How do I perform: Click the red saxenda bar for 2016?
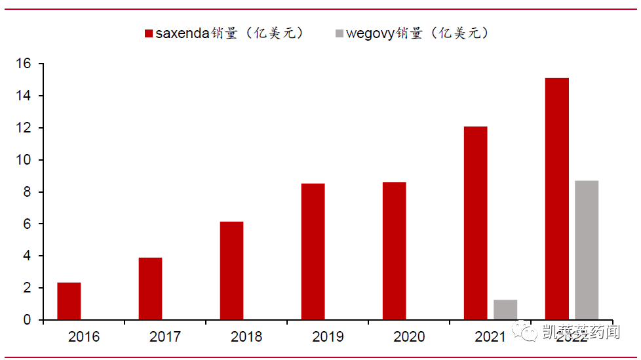[x=69, y=301]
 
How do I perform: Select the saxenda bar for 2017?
[x=150, y=289]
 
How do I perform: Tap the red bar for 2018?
[x=231, y=271]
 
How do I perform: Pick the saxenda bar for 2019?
[x=313, y=252]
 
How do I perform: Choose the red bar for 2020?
[x=394, y=251]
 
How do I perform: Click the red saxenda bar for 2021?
[x=475, y=223]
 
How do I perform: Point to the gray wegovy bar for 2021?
[x=505, y=310]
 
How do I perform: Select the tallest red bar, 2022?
[x=556, y=199]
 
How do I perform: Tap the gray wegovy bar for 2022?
[x=587, y=250]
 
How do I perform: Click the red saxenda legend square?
[x=148, y=33]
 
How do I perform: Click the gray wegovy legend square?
[x=338, y=33]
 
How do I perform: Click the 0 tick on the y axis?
[x=28, y=320]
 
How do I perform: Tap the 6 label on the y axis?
[x=28, y=224]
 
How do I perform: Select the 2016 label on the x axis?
[x=84, y=337]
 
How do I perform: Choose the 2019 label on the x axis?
[x=328, y=337]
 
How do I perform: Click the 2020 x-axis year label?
[x=409, y=337]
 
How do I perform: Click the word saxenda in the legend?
[x=183, y=33]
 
